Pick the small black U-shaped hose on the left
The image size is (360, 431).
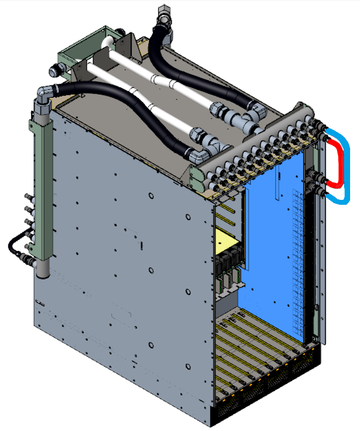(x=13, y=244)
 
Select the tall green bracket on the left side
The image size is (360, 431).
(x=41, y=176)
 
